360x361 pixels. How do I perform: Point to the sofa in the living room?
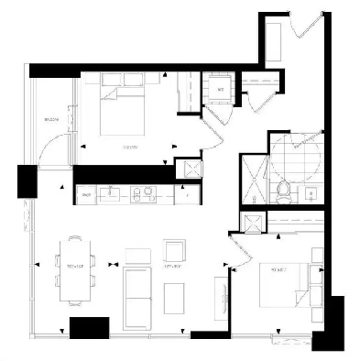pyautogui.click(x=136, y=292)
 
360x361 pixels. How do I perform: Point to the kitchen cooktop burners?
pyautogui.click(x=143, y=193)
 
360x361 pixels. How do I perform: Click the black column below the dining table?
pyautogui.click(x=90, y=327)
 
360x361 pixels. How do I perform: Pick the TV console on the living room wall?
pyautogui.click(x=219, y=298)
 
